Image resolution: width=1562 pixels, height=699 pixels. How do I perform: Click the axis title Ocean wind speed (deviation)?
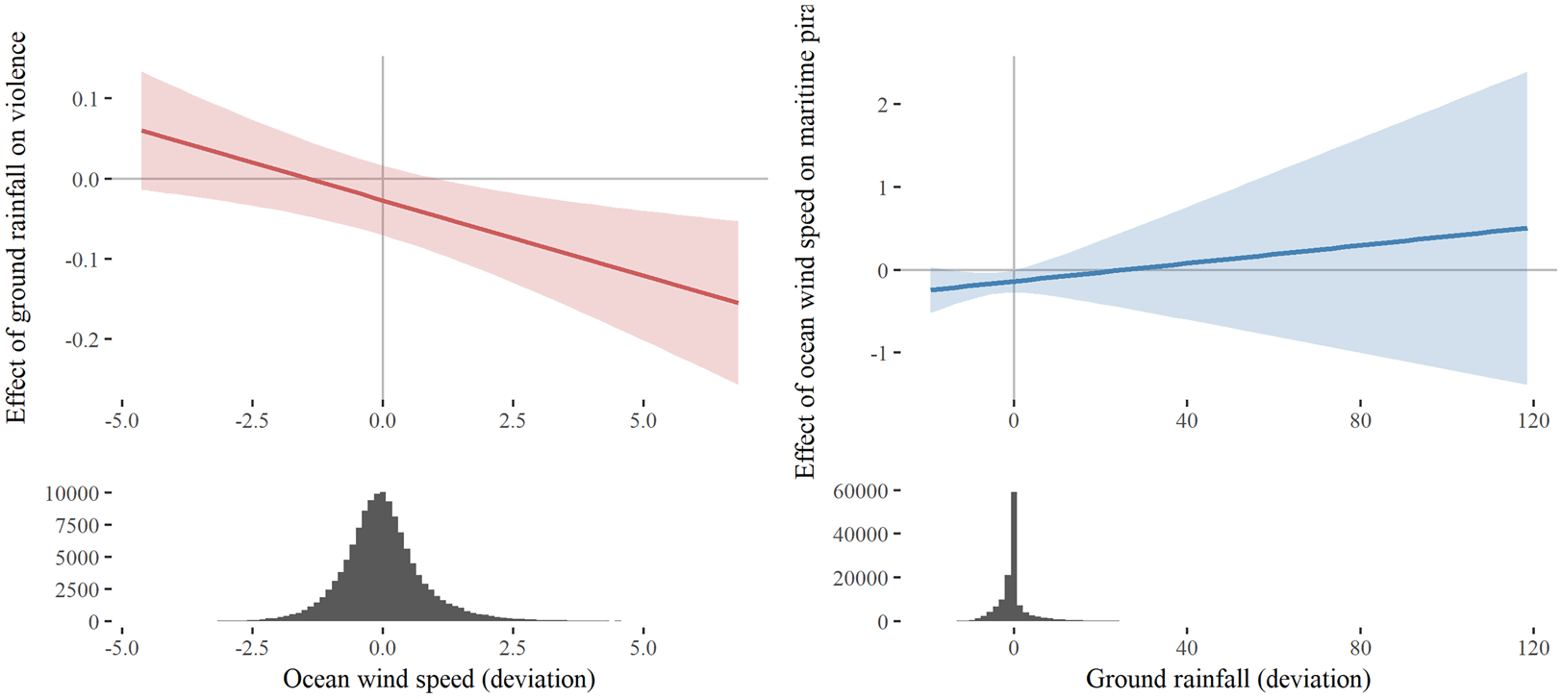(x=439, y=679)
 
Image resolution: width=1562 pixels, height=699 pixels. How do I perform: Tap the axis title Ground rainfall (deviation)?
(x=1228, y=679)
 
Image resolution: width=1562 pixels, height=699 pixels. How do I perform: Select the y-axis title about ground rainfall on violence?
(x=16, y=228)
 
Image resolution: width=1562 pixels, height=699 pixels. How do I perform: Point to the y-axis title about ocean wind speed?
(x=804, y=240)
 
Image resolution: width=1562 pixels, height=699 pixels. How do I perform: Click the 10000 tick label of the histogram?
(x=72, y=493)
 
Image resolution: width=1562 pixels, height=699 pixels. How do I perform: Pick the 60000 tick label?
(x=861, y=491)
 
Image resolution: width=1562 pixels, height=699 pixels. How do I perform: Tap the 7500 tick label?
(x=77, y=526)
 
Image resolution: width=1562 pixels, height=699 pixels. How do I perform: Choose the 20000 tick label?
(x=861, y=578)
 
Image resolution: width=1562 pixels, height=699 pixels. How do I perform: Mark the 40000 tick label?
(x=861, y=535)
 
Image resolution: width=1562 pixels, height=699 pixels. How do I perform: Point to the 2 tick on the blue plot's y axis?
(x=882, y=104)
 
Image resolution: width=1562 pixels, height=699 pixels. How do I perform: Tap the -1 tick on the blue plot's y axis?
(x=878, y=353)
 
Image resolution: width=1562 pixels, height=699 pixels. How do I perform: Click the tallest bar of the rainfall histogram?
(x=1014, y=558)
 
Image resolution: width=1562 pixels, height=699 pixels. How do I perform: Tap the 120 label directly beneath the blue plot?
(x=1533, y=420)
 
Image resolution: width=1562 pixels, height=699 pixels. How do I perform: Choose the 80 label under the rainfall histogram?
(x=1360, y=647)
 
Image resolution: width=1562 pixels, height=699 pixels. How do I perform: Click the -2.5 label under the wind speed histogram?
(x=252, y=647)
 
